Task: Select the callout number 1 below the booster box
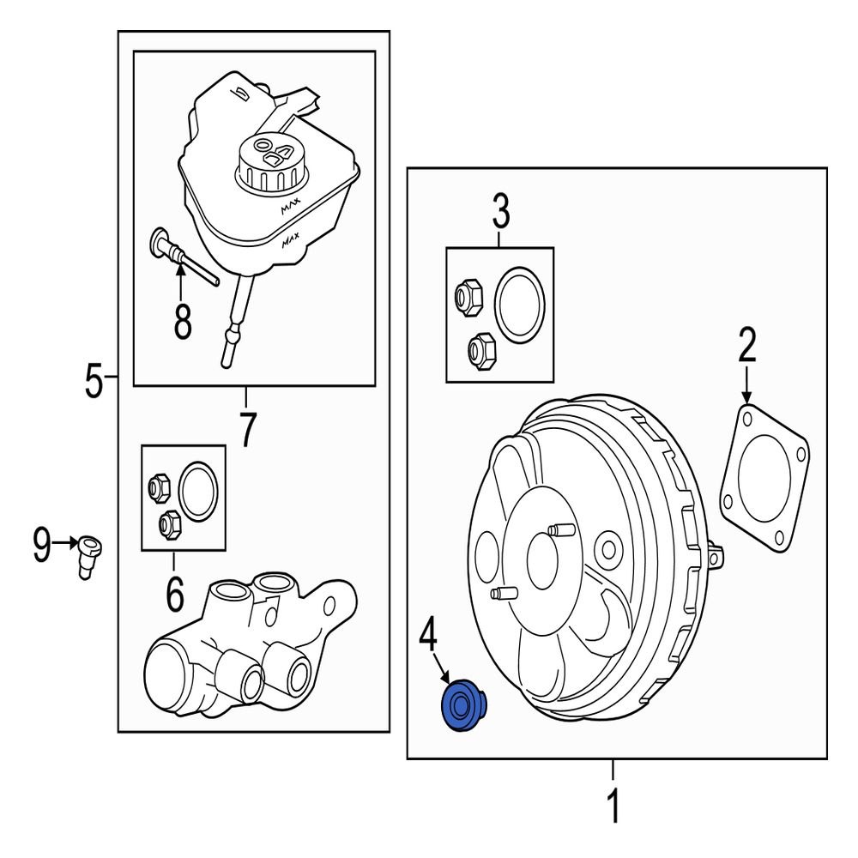[x=613, y=806]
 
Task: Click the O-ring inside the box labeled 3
[x=521, y=304]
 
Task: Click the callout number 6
[x=174, y=594]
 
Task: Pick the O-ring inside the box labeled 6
[x=199, y=492]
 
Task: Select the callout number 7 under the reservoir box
[x=247, y=429]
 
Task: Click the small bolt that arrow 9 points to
[x=88, y=549]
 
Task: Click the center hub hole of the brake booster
[x=542, y=559]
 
